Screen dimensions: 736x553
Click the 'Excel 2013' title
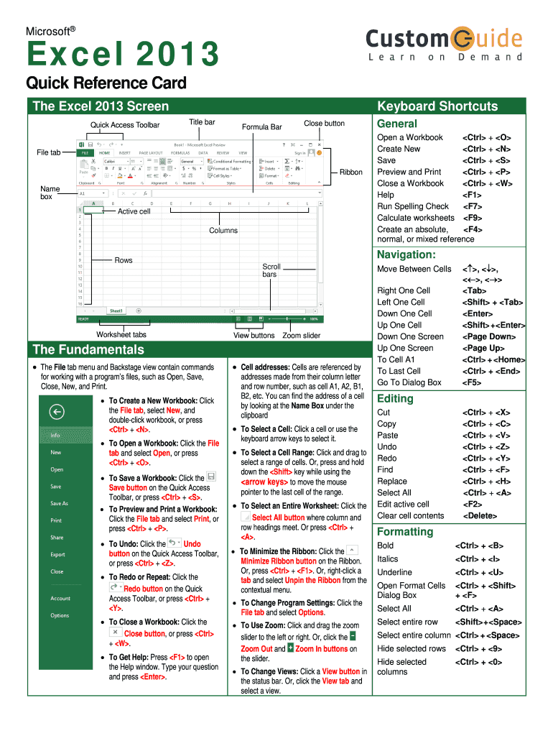point(123,55)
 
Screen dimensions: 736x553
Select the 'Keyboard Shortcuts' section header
point(437,106)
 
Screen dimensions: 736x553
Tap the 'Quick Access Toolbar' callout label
point(125,125)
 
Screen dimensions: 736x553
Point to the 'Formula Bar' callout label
point(261,127)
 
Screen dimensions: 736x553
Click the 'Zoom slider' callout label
point(302,335)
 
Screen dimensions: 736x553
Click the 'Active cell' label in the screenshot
point(134,211)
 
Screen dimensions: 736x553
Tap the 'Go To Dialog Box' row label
point(409,382)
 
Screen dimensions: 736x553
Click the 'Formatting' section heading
point(405,532)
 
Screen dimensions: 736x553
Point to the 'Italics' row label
point(387,558)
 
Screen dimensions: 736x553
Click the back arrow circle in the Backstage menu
point(56,412)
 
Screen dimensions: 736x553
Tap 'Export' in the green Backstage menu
point(57,554)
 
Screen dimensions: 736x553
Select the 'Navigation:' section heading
point(406,254)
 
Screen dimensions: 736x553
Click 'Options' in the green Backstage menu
point(60,615)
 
